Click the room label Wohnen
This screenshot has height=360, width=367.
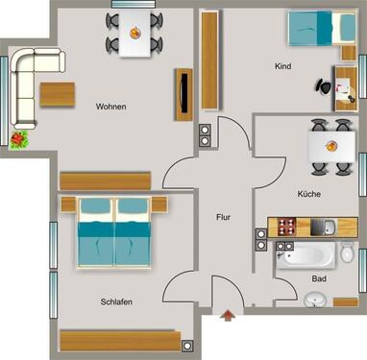click(111, 107)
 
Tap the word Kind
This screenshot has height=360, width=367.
click(281, 67)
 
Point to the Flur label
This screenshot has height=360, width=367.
click(223, 217)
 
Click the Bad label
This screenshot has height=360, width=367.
click(318, 278)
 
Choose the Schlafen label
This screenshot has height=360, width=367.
click(115, 301)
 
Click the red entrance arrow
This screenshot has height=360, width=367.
click(227, 314)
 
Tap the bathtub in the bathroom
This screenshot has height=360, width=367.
click(303, 256)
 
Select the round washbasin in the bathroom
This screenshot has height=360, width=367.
click(316, 300)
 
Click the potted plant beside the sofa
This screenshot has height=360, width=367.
click(18, 140)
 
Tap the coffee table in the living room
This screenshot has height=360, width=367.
click(57, 96)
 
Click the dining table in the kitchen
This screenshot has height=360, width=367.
click(328, 146)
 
